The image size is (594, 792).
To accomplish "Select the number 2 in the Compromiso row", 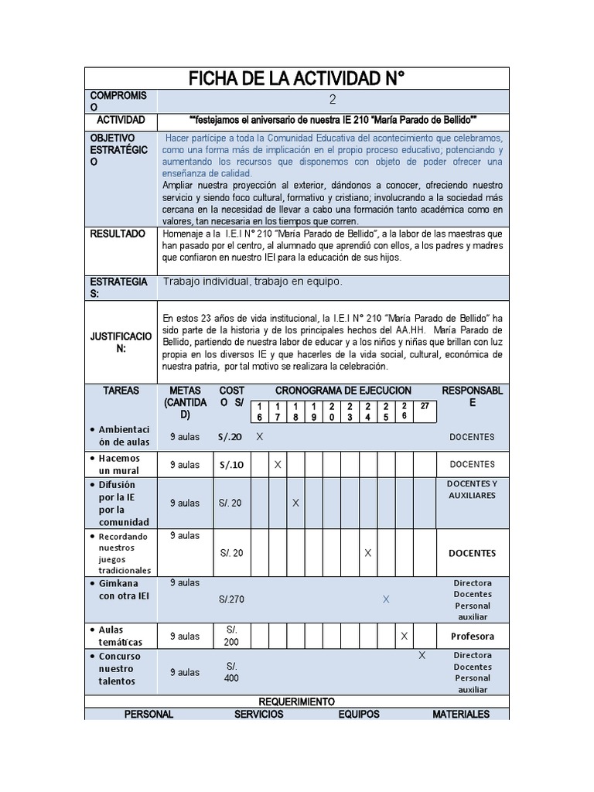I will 333,100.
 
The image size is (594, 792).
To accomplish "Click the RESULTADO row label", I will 119,233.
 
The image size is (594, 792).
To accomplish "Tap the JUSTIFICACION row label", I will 119,343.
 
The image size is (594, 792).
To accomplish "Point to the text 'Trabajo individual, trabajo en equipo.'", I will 251,282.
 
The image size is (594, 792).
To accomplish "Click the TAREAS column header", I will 121,391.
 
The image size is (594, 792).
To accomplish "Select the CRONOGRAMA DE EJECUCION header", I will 343,391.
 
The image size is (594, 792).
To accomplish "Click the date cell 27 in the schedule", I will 425,405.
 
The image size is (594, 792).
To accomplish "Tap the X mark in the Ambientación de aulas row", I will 260,437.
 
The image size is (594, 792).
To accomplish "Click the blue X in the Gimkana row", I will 386,599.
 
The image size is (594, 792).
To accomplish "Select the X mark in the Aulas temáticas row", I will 404,636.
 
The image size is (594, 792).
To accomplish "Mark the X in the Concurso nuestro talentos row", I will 422,655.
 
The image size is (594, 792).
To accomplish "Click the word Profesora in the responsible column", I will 472,637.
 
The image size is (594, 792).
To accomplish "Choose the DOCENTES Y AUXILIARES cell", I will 472,490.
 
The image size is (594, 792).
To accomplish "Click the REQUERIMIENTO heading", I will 297,702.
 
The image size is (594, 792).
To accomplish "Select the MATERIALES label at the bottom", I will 461,714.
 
